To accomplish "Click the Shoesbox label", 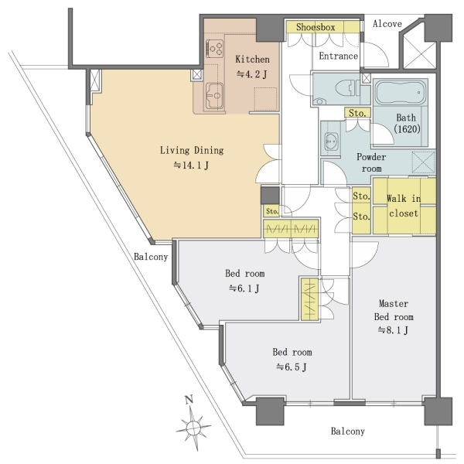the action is [316, 27].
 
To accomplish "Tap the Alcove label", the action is [387, 24].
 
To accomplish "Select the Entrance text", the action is [338, 56].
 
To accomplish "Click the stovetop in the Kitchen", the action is [215, 48].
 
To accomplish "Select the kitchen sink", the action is [214, 96].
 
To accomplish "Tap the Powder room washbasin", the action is [332, 142].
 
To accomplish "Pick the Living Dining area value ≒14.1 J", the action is [191, 165].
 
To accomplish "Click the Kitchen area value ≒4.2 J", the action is [252, 74].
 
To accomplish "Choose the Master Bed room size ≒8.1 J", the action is [394, 330].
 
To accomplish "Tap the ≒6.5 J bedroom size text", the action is [292, 367].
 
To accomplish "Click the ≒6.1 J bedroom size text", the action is [244, 288].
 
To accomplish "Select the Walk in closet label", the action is [404, 206].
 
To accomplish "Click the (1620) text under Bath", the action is [408, 129].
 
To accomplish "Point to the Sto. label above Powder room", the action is [357, 113].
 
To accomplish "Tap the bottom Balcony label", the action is [348, 432].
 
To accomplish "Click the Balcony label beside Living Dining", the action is [151, 257].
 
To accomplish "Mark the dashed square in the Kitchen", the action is [265, 99].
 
